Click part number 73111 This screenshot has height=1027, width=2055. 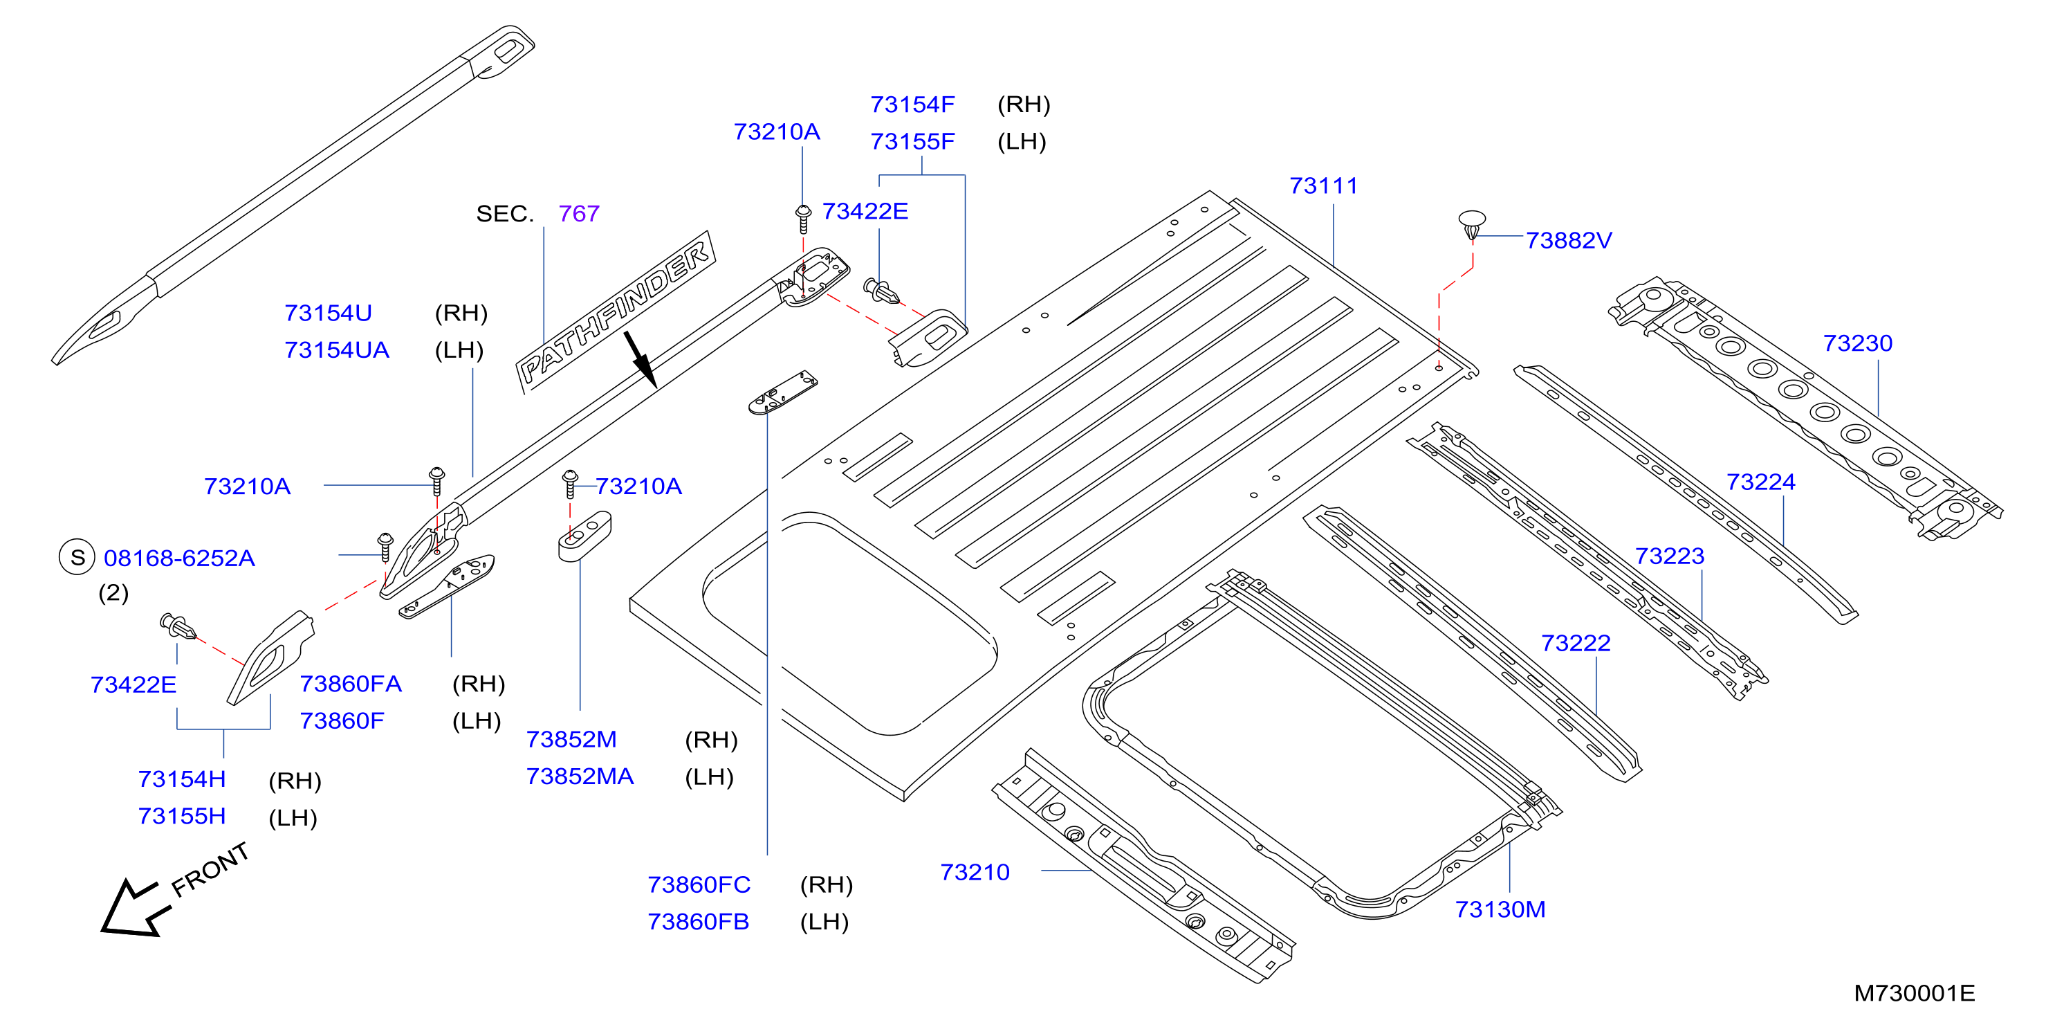point(1323,186)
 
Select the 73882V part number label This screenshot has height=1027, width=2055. point(1568,240)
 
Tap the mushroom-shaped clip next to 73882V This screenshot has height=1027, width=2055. point(1472,224)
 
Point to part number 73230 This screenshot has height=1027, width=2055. point(1857,343)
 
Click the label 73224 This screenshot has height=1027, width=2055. point(1760,482)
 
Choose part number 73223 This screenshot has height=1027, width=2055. point(1670,556)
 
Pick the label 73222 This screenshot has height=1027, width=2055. point(1576,643)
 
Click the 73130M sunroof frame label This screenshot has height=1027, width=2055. point(1500,909)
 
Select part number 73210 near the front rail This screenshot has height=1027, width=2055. point(975,872)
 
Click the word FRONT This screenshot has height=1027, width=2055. point(210,870)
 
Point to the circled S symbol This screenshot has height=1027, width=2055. point(77,557)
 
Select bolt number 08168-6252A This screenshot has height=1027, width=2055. point(180,558)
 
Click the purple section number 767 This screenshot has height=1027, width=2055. point(578,214)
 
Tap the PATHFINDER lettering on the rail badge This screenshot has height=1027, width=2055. point(614,313)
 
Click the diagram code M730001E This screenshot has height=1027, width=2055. point(1914,994)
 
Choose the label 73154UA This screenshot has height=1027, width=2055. point(337,350)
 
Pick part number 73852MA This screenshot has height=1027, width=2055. point(580,776)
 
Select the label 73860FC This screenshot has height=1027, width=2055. point(699,885)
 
